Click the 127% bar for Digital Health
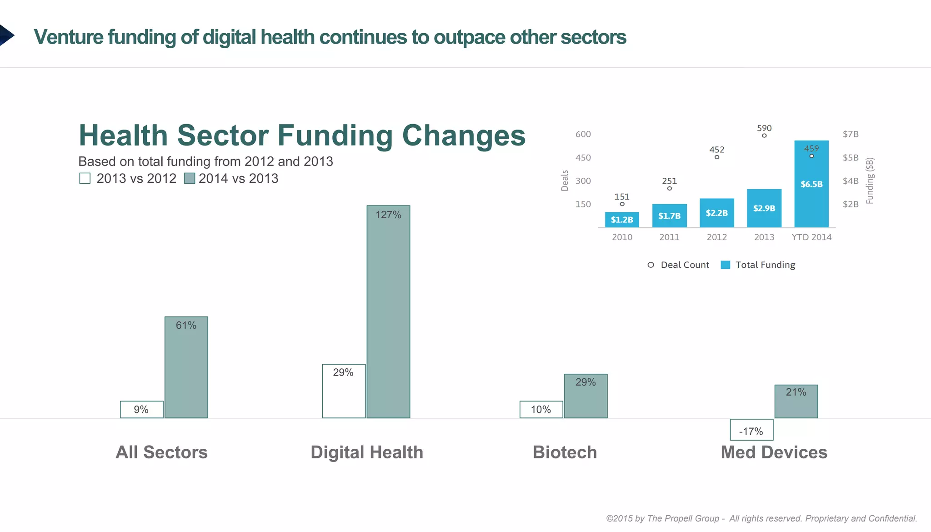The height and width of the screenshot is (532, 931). coord(388,312)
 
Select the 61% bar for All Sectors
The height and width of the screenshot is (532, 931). coord(186,367)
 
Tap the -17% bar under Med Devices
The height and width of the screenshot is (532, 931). coord(751,430)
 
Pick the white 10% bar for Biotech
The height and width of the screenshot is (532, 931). coord(541,409)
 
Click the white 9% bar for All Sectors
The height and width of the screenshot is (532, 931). coord(141,409)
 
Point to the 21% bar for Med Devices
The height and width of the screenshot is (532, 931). coord(796,402)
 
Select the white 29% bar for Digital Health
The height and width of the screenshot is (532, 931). coord(344,391)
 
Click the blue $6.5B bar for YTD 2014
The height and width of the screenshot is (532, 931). coord(811,184)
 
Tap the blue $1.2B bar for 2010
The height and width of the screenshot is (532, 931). coord(622,220)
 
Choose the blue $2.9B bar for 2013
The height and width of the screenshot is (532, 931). coord(764,208)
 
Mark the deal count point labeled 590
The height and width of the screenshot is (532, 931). coord(764,136)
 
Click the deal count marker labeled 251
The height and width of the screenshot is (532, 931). coord(669,188)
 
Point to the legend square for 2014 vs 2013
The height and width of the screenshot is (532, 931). coord(190,178)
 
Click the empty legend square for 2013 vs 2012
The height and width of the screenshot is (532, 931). coord(85,178)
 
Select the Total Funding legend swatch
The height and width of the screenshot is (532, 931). coord(726,265)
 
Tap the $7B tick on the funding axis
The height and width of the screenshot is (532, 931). coord(851,134)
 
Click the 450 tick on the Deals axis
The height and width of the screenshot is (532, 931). coord(583,158)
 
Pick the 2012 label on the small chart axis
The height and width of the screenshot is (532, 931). coord(716,237)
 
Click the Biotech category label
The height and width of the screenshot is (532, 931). coord(565,452)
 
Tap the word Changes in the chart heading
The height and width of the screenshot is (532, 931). coord(464,136)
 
